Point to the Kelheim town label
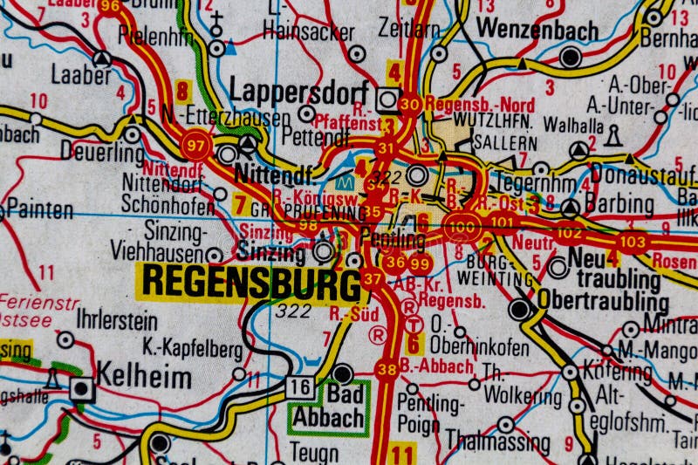click(x=144, y=378)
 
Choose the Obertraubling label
click(x=603, y=302)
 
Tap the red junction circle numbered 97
click(x=196, y=144)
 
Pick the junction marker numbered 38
click(x=387, y=369)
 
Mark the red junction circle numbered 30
click(x=409, y=105)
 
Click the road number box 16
click(x=301, y=386)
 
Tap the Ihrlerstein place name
click(x=117, y=321)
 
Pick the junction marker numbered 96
click(x=109, y=7)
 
